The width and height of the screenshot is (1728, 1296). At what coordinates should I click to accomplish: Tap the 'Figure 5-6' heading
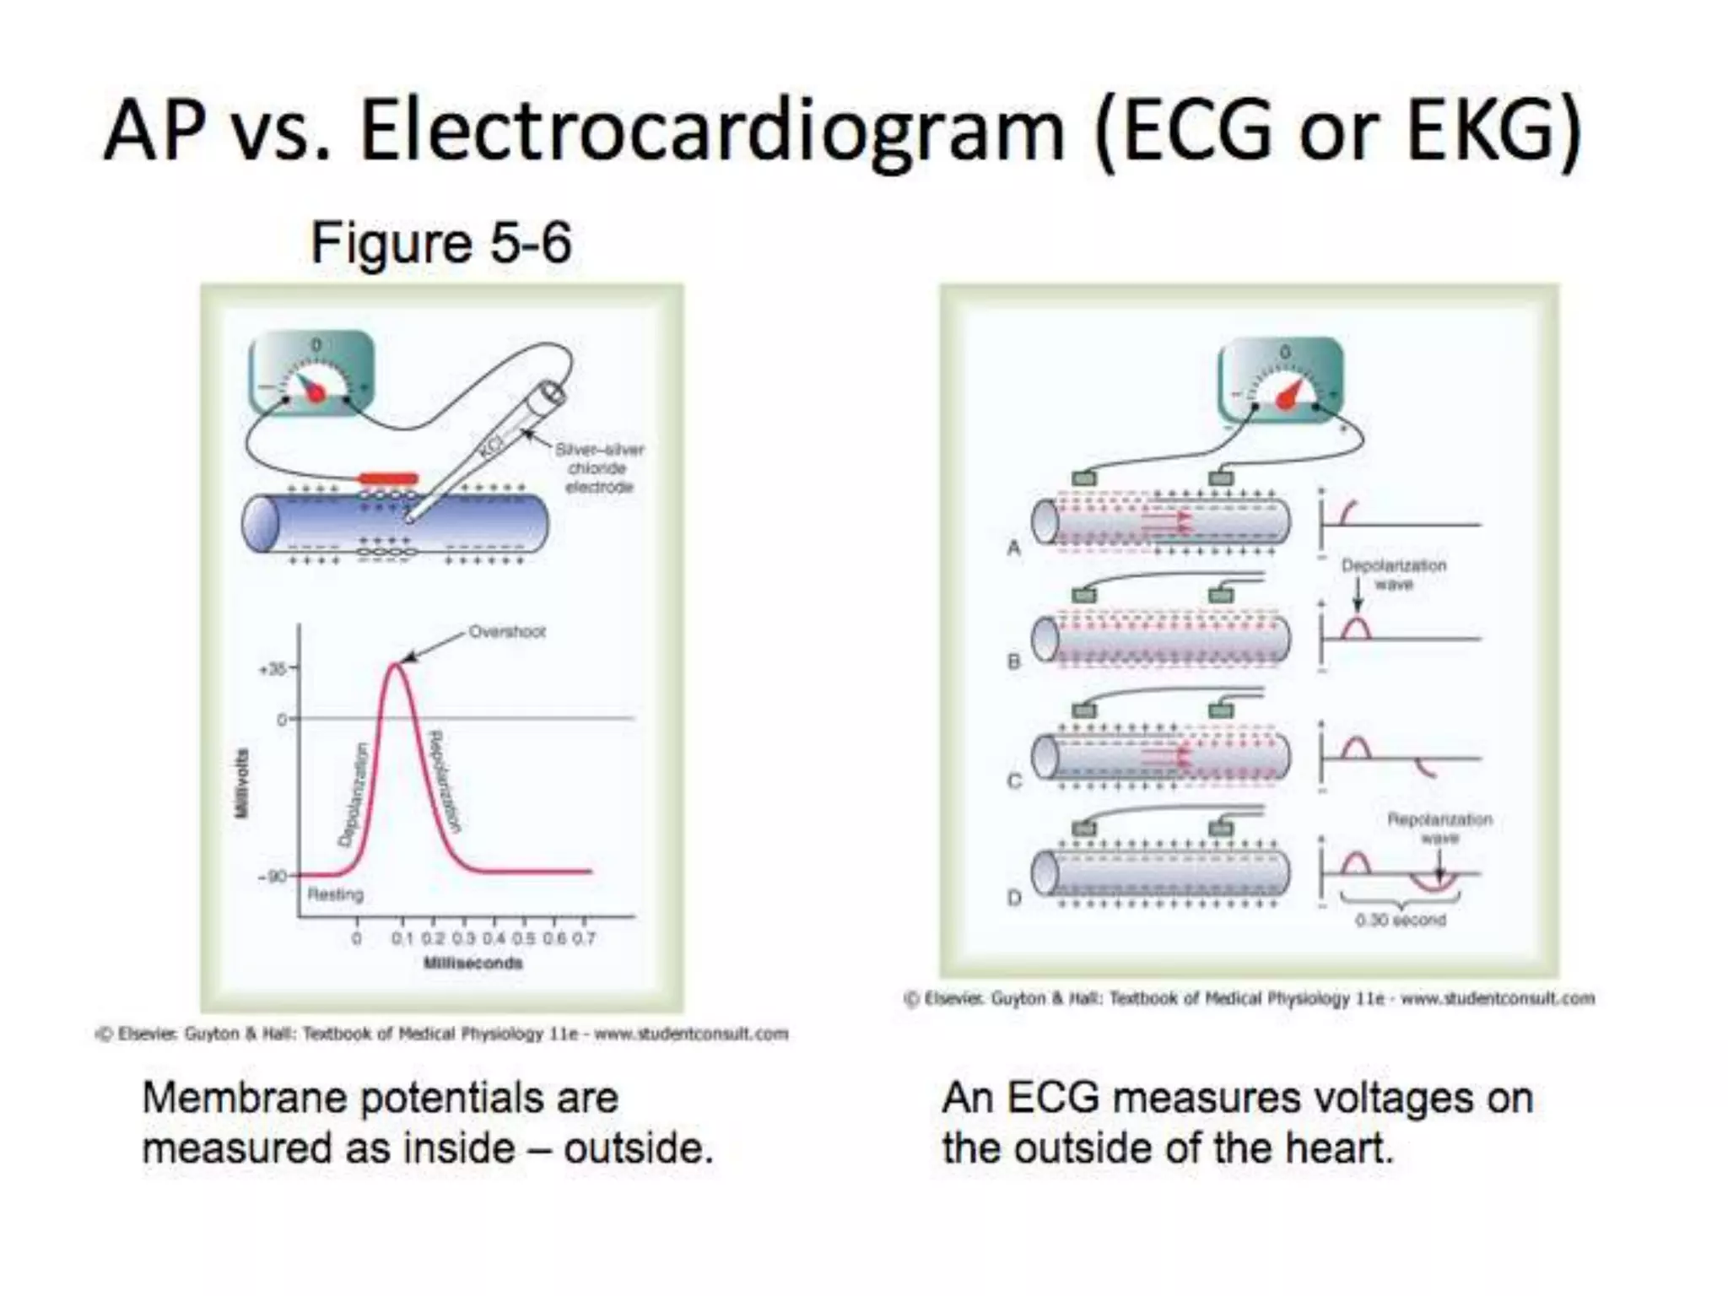441,242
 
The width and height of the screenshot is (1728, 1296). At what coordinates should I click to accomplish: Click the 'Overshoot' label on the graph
506,631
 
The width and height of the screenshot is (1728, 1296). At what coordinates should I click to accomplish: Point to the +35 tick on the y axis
275,669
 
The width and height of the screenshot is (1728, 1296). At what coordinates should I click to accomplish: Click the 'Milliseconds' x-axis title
472,963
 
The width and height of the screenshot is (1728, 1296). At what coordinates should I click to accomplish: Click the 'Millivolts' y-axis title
242,783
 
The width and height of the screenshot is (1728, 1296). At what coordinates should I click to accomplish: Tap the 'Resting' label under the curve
335,894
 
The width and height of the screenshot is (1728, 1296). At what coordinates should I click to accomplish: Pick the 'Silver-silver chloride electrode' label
599,468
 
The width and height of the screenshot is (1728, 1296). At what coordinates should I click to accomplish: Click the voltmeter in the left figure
312,372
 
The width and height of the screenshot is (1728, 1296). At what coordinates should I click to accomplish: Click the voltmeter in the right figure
1281,379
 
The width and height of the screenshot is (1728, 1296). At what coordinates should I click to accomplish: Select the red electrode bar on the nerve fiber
388,478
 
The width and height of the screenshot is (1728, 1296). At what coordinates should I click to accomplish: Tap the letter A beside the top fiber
1014,548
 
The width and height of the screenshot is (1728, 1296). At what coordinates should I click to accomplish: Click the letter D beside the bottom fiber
1014,898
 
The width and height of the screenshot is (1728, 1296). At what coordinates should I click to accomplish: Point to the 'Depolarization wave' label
1394,574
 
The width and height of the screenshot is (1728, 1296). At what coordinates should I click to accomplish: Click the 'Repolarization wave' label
1439,828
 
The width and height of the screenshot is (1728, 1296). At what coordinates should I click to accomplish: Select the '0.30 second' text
1401,920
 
